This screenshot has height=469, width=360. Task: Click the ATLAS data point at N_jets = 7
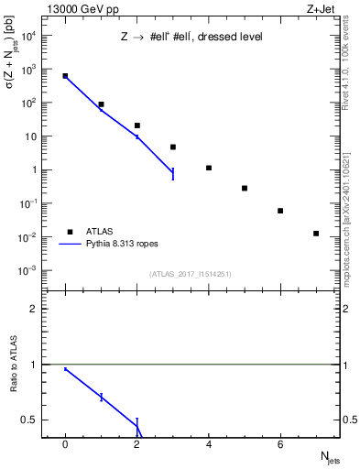[x=316, y=234]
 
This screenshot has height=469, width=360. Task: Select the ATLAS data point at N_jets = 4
[x=209, y=168]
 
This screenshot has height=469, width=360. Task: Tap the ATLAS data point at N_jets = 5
[x=245, y=188]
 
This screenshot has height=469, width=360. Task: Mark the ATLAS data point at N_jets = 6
[x=280, y=211]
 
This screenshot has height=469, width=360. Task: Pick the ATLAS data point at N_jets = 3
[x=173, y=147]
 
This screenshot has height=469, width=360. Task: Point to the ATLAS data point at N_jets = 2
[x=137, y=125]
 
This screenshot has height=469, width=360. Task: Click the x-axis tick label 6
[x=280, y=445]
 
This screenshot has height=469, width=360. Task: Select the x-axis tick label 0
[x=65, y=445]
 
